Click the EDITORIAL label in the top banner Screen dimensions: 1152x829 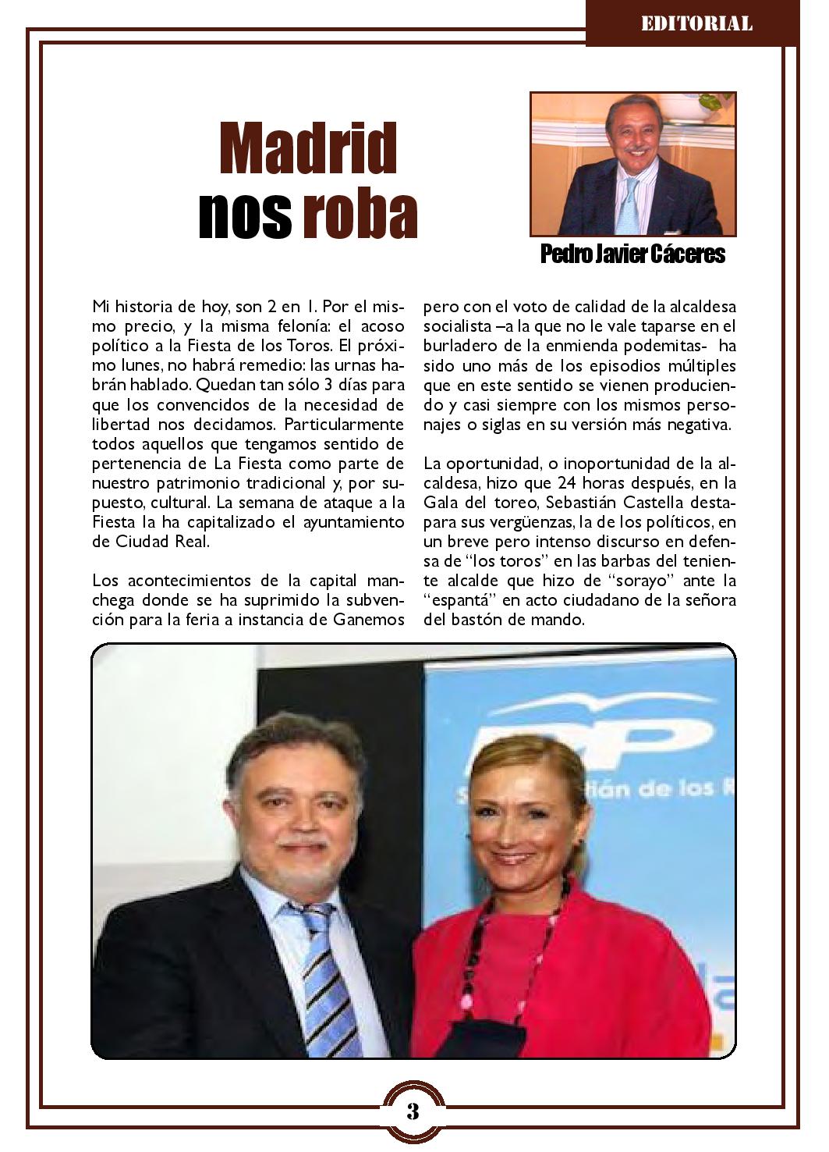696,23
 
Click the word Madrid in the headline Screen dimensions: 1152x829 307,148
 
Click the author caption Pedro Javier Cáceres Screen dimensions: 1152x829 632,254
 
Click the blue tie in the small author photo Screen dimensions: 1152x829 629,204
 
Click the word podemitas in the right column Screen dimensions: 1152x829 664,345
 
